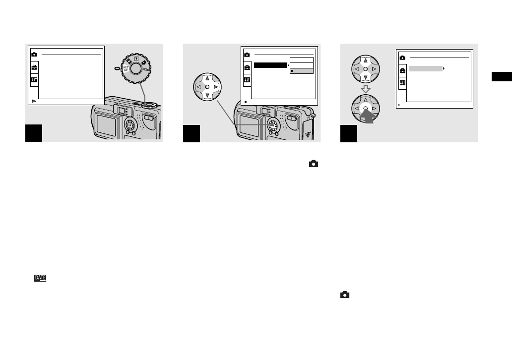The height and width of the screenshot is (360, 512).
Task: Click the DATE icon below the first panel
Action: (40, 279)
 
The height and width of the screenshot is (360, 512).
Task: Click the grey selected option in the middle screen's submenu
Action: (302, 71)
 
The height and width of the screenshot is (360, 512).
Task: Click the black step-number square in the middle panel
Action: (192, 133)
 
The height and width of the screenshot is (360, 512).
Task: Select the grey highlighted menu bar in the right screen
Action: (426, 68)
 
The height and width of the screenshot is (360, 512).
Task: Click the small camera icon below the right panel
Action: (345, 295)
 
